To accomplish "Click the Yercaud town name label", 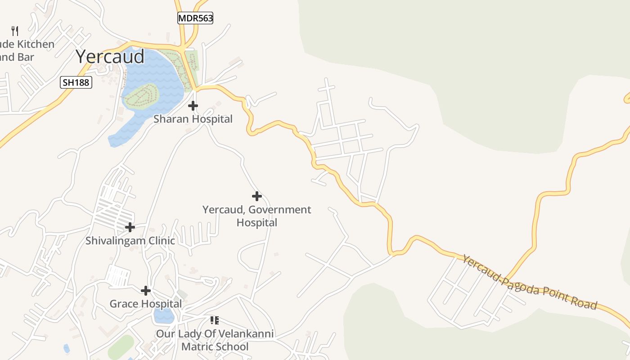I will pos(110,57).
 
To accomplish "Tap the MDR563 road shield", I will pos(195,18).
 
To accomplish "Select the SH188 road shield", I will pos(76,82).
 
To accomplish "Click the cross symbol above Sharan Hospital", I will pos(193,106).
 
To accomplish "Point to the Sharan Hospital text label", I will pos(193,119).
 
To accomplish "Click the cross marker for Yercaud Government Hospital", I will pos(257,196).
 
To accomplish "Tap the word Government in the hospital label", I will pos(279,210).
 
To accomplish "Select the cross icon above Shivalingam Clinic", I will pos(130,227).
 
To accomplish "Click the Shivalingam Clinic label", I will pos(130,241).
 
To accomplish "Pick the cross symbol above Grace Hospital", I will pos(146,291).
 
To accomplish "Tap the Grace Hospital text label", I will pos(146,304).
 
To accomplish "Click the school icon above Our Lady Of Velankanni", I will pos(215,320).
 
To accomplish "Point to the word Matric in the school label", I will pos(198,347).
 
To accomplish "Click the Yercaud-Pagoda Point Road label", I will pos(529,282).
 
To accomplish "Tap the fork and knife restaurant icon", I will pos(15,31).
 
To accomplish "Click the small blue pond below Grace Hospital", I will pos(164,316).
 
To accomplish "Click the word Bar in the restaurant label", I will pos(26,57).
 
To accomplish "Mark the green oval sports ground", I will pos(121,347).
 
